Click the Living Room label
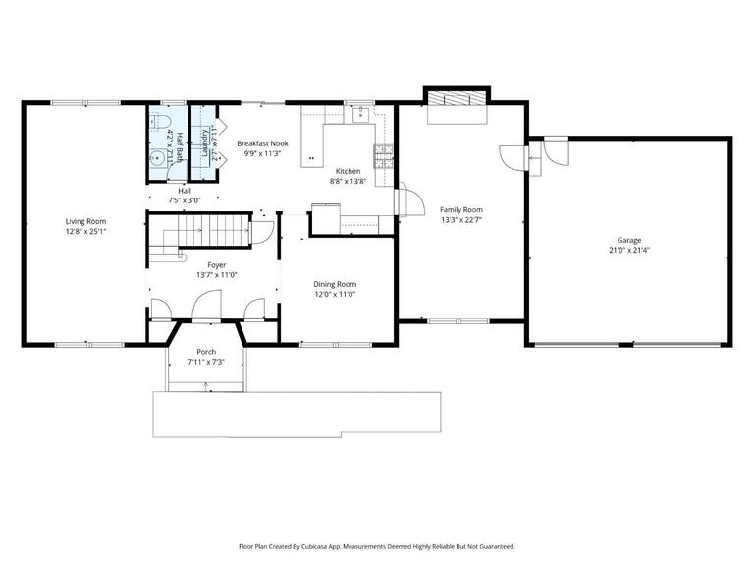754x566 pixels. [85, 221]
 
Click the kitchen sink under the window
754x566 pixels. [361, 113]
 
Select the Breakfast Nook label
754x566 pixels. [262, 143]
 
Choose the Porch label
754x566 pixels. [206, 352]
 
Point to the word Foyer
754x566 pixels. [216, 264]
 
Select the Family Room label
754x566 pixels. [460, 209]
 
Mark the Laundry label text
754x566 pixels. [204, 142]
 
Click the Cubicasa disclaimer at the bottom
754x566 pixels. [376, 546]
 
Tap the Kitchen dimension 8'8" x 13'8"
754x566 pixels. [348, 180]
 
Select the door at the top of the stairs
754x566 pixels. [261, 233]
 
